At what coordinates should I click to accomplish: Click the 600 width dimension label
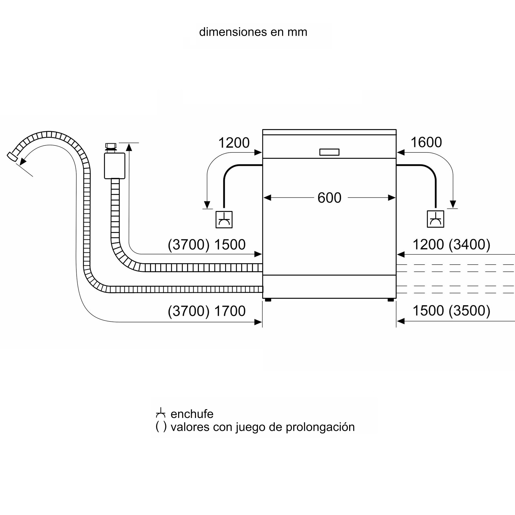coord(329,198)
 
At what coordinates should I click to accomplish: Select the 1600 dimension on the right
coord(426,142)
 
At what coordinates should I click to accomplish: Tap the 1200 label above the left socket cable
coord(234,143)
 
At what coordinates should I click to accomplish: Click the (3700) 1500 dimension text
coord(207,245)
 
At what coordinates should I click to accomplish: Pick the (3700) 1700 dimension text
coord(207,311)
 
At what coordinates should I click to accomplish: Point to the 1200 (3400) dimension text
coord(451,244)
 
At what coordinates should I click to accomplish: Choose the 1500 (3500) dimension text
coord(451,311)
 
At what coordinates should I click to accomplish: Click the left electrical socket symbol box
coord(224,220)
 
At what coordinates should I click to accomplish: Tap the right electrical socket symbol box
coord(436,219)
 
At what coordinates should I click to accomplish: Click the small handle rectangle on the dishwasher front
coord(330,152)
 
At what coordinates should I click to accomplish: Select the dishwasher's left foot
coord(268,300)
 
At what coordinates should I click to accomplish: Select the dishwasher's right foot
coord(391,300)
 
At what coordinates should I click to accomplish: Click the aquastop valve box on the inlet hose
coord(115,166)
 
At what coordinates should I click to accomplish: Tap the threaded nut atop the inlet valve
coord(111,146)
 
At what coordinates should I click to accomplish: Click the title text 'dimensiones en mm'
coord(253,32)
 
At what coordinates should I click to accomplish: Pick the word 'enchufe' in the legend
coord(192,414)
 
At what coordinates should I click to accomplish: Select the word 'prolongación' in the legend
coord(320,427)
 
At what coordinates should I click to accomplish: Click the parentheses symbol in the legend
coord(161,426)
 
